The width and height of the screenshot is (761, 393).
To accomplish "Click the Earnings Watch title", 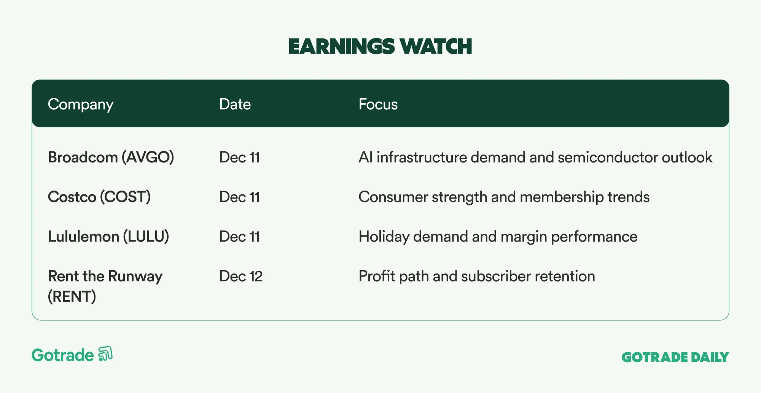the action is coord(380,46).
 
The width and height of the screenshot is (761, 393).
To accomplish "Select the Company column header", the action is coord(81,105).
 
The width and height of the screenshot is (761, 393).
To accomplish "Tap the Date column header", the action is coord(235,104).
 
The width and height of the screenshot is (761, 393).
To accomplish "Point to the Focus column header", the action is coord(378,104).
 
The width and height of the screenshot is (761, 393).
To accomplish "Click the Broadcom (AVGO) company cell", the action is coord(111,158).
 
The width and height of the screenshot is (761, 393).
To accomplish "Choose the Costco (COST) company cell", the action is coord(99,197).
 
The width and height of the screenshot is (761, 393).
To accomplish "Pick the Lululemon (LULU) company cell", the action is coord(108,237).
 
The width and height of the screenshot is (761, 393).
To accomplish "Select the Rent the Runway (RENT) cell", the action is coord(105,286).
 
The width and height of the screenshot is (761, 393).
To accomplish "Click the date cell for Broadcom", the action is coord(239,158).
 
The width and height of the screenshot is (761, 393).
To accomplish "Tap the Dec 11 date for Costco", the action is coord(239,197).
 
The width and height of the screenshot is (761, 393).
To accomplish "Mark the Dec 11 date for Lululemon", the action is coord(239,237).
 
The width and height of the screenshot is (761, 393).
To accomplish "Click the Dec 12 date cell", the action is coord(241,276).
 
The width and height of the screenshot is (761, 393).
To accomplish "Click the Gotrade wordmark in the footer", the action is coord(63,355).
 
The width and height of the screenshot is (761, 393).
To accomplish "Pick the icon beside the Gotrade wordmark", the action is coord(105,354).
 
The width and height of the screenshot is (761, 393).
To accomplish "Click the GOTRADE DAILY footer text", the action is coord(675,357).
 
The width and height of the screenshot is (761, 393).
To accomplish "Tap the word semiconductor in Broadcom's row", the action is coord(608,158).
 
